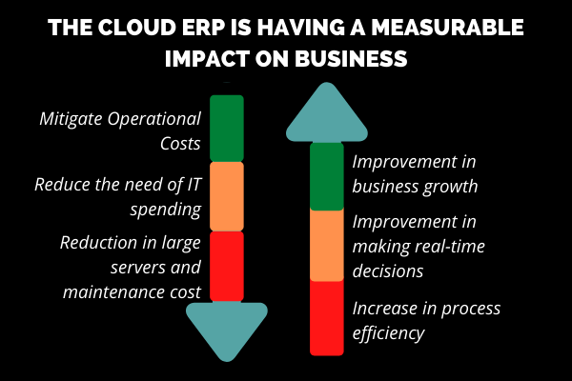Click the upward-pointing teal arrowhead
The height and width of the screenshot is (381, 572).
coord(326,113)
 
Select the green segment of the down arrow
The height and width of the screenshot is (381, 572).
coord(227,129)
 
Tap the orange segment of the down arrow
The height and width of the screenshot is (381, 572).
coord(227,196)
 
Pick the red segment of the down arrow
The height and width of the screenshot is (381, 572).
coord(227,267)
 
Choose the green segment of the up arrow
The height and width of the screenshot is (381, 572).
coord(326,176)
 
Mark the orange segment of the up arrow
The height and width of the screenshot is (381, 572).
coord(326,245)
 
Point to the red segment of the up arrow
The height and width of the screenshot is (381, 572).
coord(326,317)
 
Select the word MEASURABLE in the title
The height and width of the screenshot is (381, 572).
coord(448,28)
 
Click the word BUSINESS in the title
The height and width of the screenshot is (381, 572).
coord(351,58)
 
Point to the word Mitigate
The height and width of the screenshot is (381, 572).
coord(71,119)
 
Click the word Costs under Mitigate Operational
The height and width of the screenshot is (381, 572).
coord(180,143)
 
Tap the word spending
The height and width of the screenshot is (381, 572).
coord(166,210)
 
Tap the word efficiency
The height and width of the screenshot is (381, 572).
coord(388,332)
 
